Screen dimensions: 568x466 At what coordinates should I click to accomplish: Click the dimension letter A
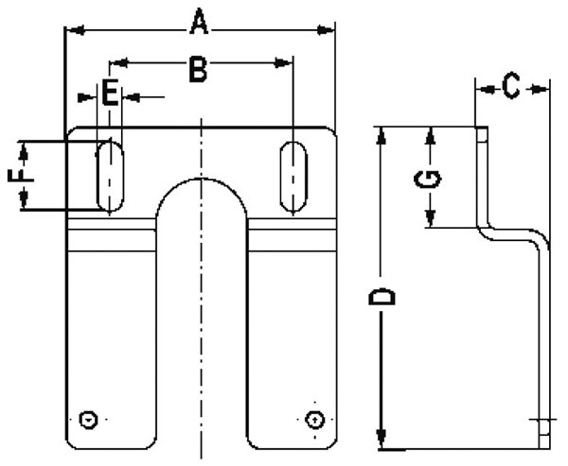(x=199, y=22)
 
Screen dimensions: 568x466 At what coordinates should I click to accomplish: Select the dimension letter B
(x=198, y=69)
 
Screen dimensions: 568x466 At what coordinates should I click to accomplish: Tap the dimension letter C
(x=511, y=85)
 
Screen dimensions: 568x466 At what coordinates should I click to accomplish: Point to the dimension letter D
(x=382, y=297)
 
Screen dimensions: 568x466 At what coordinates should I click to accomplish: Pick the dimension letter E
(x=110, y=93)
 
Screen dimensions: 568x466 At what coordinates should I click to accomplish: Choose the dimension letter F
(x=21, y=175)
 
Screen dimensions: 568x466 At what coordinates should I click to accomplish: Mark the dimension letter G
(x=428, y=180)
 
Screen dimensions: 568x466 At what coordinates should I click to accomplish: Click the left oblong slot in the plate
(x=110, y=176)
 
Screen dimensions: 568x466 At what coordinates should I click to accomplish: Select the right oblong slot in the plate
(x=293, y=176)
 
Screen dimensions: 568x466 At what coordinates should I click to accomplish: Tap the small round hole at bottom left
(x=88, y=420)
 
